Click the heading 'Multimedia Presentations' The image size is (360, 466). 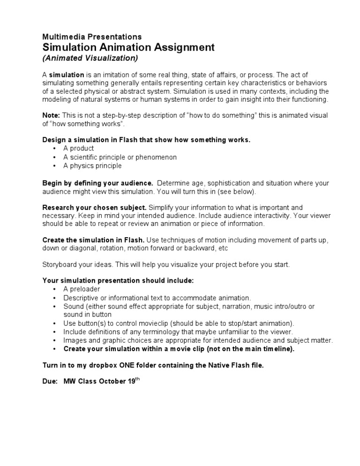(x=92, y=37)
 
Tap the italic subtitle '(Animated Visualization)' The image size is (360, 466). (x=90, y=58)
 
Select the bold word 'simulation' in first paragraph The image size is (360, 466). (x=67, y=75)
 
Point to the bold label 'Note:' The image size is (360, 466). (x=51, y=115)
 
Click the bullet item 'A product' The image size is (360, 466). (x=79, y=149)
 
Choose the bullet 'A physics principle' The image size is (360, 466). (x=92, y=165)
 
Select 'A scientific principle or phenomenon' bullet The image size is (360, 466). (x=120, y=157)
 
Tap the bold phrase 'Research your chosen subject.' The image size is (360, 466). (x=95, y=207)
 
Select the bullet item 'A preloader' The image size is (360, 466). (x=82, y=289)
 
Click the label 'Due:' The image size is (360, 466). (x=50, y=382)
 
